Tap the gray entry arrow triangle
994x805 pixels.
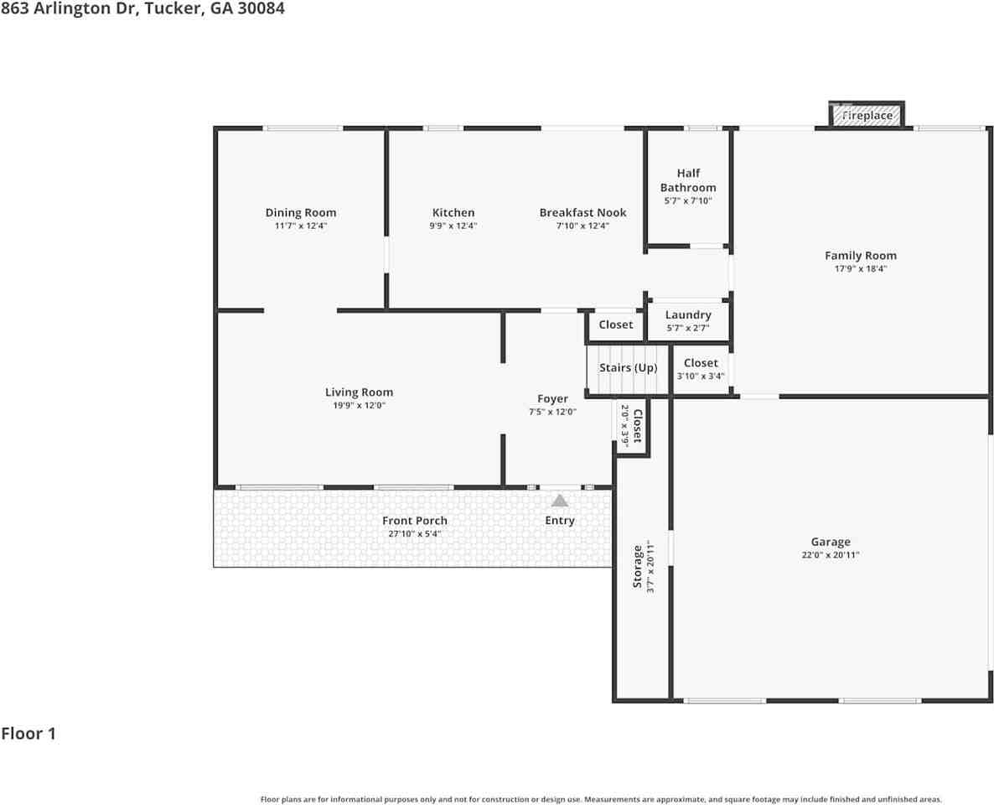click(x=559, y=501)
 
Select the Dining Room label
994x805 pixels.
click(x=301, y=212)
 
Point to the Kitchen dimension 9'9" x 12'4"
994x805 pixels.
click(x=453, y=226)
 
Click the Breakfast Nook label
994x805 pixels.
click(x=582, y=212)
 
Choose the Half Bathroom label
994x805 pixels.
click(x=688, y=180)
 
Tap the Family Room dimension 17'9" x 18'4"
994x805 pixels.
click(x=860, y=269)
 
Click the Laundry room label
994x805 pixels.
click(x=688, y=315)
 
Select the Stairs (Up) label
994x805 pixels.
click(x=628, y=368)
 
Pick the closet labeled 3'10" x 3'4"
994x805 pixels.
click(x=701, y=369)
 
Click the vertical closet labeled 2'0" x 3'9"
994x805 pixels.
click(x=631, y=426)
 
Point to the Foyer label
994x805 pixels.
click(x=552, y=398)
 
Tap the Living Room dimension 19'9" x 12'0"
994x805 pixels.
click(x=359, y=405)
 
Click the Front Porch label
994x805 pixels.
click(x=415, y=521)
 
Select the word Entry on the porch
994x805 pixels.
click(x=559, y=521)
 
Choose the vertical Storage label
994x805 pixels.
click(x=638, y=567)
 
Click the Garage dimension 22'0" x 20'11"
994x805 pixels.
click(x=830, y=555)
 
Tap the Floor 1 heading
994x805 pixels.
click(x=28, y=734)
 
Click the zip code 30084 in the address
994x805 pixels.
click(x=261, y=8)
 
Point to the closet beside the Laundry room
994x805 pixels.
click(x=615, y=325)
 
